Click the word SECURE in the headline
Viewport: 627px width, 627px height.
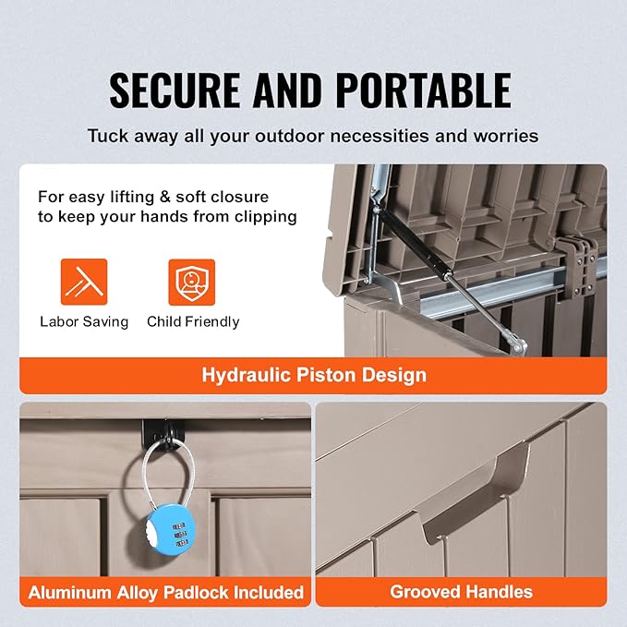[x=175, y=90]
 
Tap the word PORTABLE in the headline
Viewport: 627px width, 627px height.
[x=424, y=90]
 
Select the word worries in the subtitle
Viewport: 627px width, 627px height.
[x=506, y=136]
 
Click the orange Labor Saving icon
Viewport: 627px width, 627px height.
[x=84, y=282]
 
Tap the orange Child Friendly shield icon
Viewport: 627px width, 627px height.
[x=191, y=282]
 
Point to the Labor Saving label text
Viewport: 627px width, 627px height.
[x=84, y=322]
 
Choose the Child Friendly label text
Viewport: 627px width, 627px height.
[x=193, y=322]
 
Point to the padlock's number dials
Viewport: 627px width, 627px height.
[x=180, y=535]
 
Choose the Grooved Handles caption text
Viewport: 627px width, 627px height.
[x=462, y=592]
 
